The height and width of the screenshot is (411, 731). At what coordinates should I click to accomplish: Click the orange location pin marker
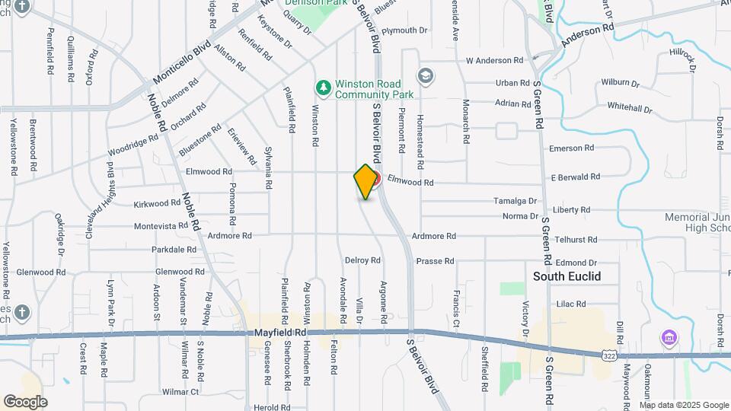click(366, 181)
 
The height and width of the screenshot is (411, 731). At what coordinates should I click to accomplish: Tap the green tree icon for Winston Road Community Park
click(324, 88)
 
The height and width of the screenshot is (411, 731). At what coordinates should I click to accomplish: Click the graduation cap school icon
click(425, 75)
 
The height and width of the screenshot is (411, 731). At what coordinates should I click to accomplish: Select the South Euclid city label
click(567, 276)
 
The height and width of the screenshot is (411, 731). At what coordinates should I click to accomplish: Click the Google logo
click(25, 401)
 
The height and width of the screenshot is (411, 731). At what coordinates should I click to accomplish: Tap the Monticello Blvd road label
click(181, 63)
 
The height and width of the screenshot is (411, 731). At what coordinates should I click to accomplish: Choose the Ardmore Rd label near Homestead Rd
click(433, 237)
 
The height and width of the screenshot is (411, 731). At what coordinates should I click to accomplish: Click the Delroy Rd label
click(362, 260)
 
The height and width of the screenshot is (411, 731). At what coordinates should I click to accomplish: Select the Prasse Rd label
click(435, 261)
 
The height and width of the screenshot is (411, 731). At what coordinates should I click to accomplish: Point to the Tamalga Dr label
click(515, 201)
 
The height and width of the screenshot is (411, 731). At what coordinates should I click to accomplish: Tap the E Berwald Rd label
click(578, 177)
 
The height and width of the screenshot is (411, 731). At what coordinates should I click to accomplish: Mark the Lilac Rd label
click(570, 304)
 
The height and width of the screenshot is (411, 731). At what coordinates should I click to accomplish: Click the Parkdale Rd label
click(174, 250)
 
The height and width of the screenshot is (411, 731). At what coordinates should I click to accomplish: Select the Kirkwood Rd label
click(156, 204)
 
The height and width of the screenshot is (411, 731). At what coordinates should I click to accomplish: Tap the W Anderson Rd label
click(494, 60)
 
